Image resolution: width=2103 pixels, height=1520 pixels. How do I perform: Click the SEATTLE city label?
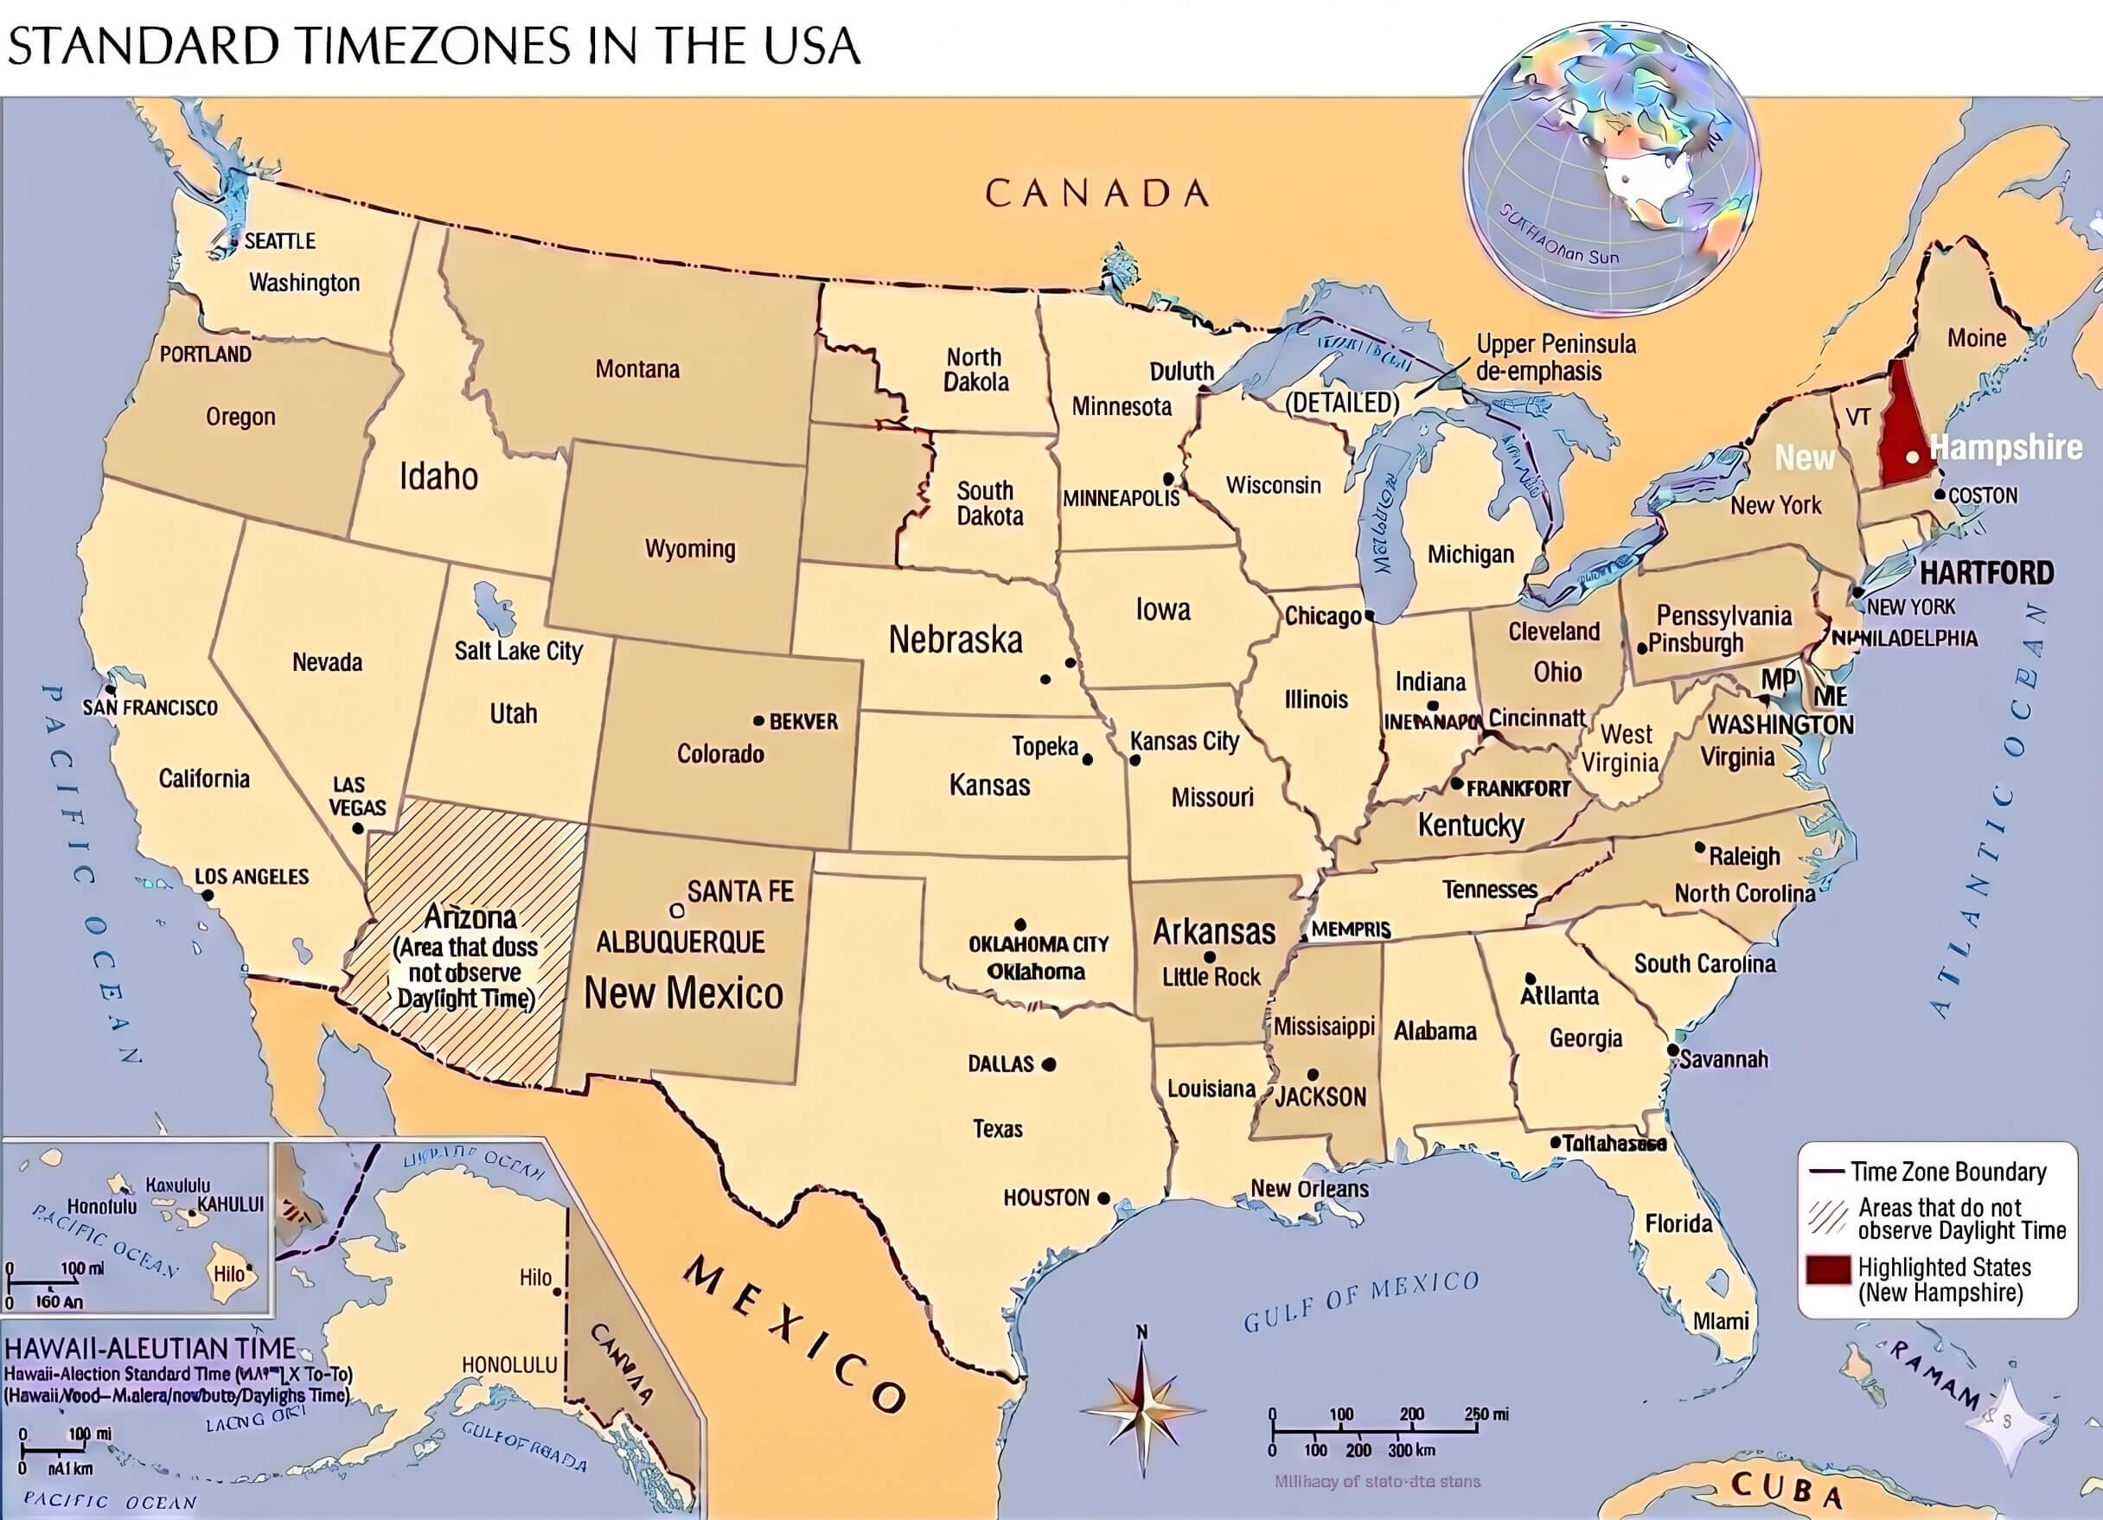(279, 241)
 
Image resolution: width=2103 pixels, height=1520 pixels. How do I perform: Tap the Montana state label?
(637, 369)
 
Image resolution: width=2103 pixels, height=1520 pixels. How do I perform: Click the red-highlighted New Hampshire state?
(1906, 423)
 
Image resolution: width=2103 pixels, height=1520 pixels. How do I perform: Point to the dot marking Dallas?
(1049, 1064)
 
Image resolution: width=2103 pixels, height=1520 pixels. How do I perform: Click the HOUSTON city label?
(1046, 1197)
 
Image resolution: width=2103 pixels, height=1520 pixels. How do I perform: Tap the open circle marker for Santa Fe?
(677, 910)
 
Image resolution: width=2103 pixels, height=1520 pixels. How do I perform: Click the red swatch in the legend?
(1828, 1270)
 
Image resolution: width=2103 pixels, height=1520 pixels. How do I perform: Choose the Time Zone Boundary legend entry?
(1947, 1172)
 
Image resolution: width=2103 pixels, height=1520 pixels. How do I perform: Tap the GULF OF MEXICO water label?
(1360, 1300)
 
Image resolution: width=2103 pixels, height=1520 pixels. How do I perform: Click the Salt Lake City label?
(517, 651)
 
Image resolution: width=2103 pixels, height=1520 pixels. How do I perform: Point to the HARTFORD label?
(1986, 572)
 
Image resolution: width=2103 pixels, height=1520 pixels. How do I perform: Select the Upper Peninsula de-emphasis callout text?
(1555, 357)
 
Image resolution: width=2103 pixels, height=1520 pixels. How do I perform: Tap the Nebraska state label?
(955, 640)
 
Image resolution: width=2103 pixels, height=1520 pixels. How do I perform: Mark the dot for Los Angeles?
(208, 895)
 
